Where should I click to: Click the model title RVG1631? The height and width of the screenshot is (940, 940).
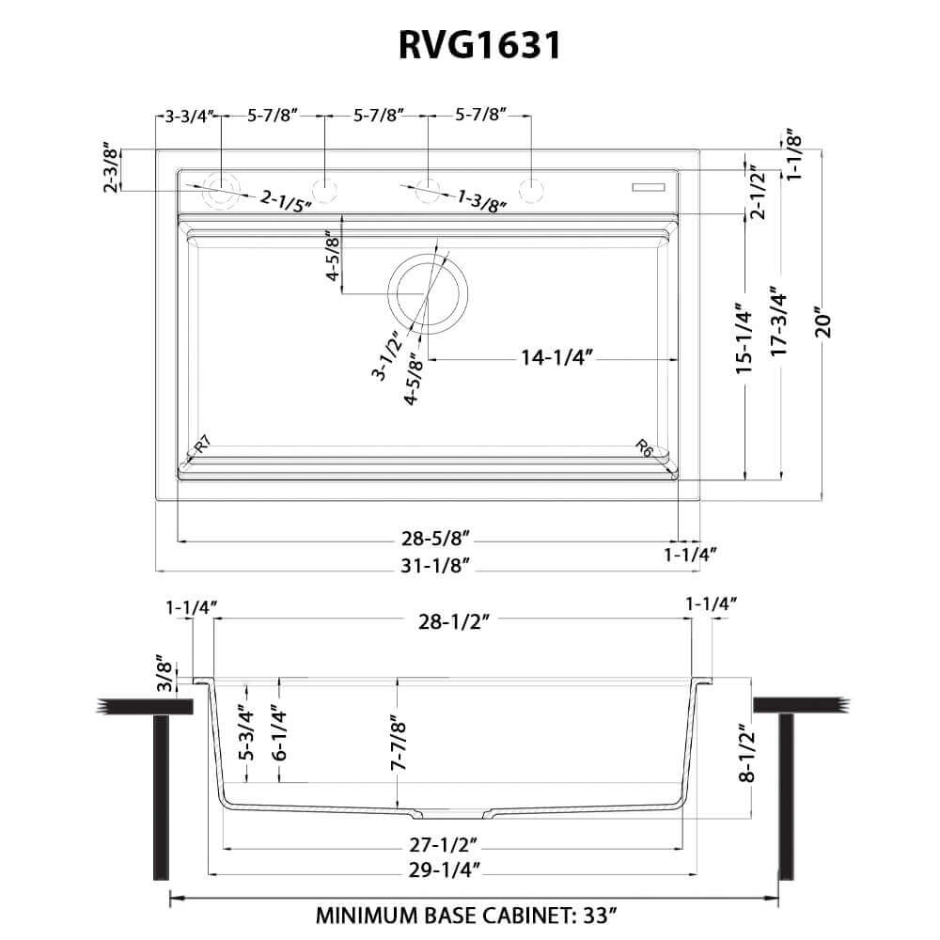point(469,44)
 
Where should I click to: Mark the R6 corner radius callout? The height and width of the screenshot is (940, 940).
point(644,446)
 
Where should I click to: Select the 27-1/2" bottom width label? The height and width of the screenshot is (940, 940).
point(446,843)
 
